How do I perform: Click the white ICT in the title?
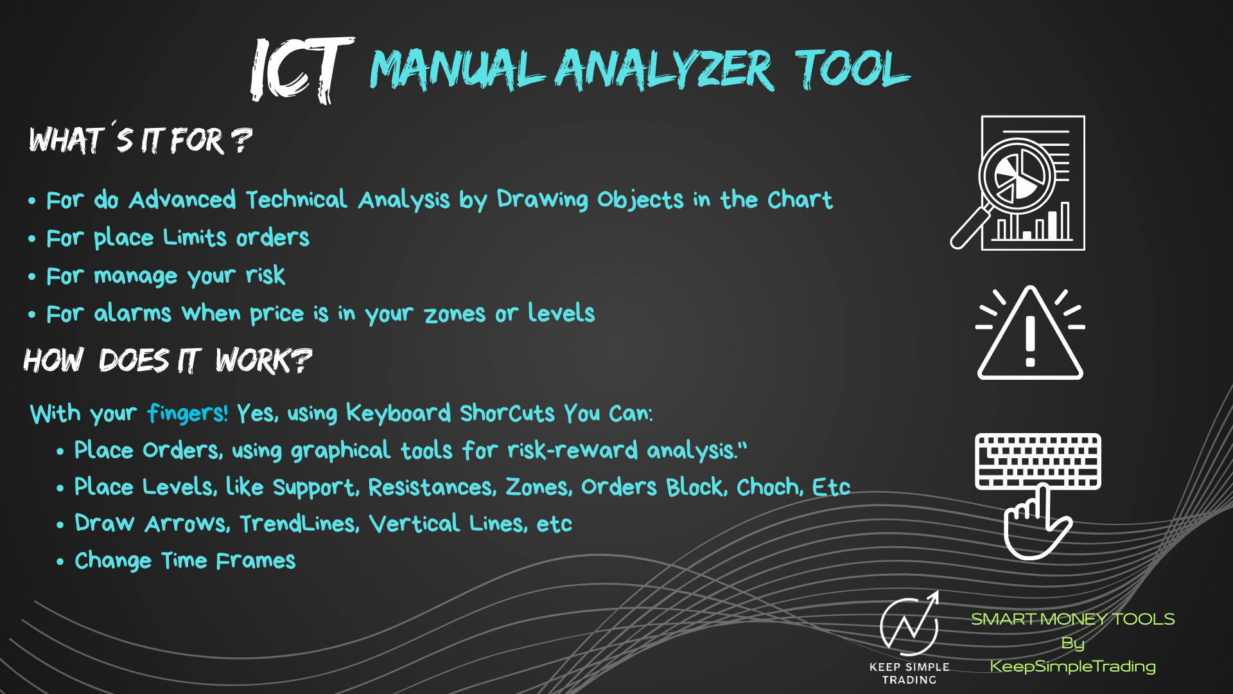click(x=302, y=70)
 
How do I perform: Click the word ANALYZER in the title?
click(x=665, y=69)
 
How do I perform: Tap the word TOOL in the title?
click(x=852, y=68)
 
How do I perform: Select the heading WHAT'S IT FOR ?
click(x=141, y=138)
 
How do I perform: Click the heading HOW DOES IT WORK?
click(x=168, y=360)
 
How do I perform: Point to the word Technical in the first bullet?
click(x=297, y=199)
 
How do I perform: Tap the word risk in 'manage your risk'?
click(x=265, y=275)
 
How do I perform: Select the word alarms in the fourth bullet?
click(x=133, y=313)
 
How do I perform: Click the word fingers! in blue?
click(x=188, y=413)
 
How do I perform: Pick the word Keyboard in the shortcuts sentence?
click(x=399, y=413)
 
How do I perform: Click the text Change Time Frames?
click(x=185, y=560)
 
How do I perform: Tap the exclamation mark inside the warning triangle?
click(x=1030, y=342)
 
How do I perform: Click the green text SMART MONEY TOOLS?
click(x=1072, y=619)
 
